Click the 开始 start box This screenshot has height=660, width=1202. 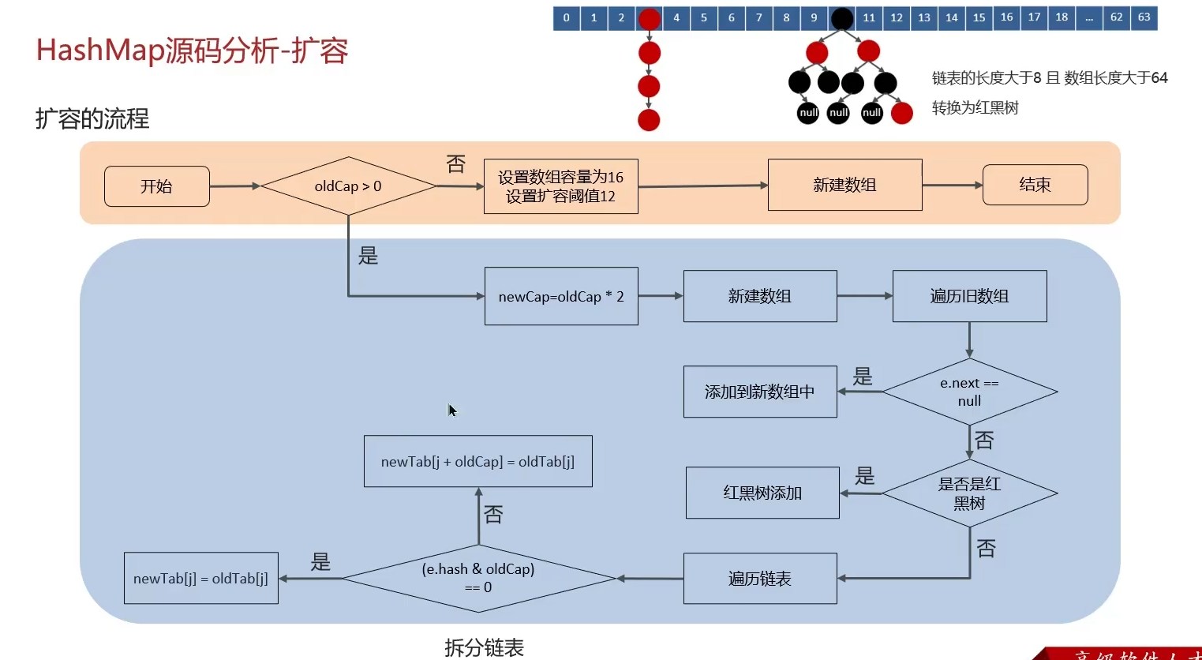(x=156, y=186)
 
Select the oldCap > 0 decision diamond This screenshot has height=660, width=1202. (x=348, y=186)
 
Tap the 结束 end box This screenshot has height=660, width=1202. (x=1035, y=185)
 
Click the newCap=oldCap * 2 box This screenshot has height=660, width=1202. (x=561, y=296)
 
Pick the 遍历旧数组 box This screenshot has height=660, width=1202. (x=969, y=296)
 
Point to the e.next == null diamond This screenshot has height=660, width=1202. (x=969, y=392)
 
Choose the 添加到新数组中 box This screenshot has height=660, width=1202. (x=759, y=392)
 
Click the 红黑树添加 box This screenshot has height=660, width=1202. (x=762, y=493)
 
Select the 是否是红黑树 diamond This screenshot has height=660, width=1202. (x=969, y=493)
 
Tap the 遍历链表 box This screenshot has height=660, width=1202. (x=759, y=579)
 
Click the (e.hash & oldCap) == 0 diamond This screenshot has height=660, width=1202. (x=478, y=578)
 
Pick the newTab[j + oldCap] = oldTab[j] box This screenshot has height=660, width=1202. (x=477, y=461)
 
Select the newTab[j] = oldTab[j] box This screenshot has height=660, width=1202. (x=200, y=578)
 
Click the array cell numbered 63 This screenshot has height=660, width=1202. (x=1144, y=17)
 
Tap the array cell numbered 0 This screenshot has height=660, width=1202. (x=566, y=17)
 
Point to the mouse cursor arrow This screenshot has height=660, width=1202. (x=451, y=409)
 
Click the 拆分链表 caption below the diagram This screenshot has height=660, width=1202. (x=484, y=647)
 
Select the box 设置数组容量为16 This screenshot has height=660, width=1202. (x=560, y=186)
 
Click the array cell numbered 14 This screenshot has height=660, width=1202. (x=952, y=17)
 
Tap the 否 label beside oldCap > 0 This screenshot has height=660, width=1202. (x=456, y=163)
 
